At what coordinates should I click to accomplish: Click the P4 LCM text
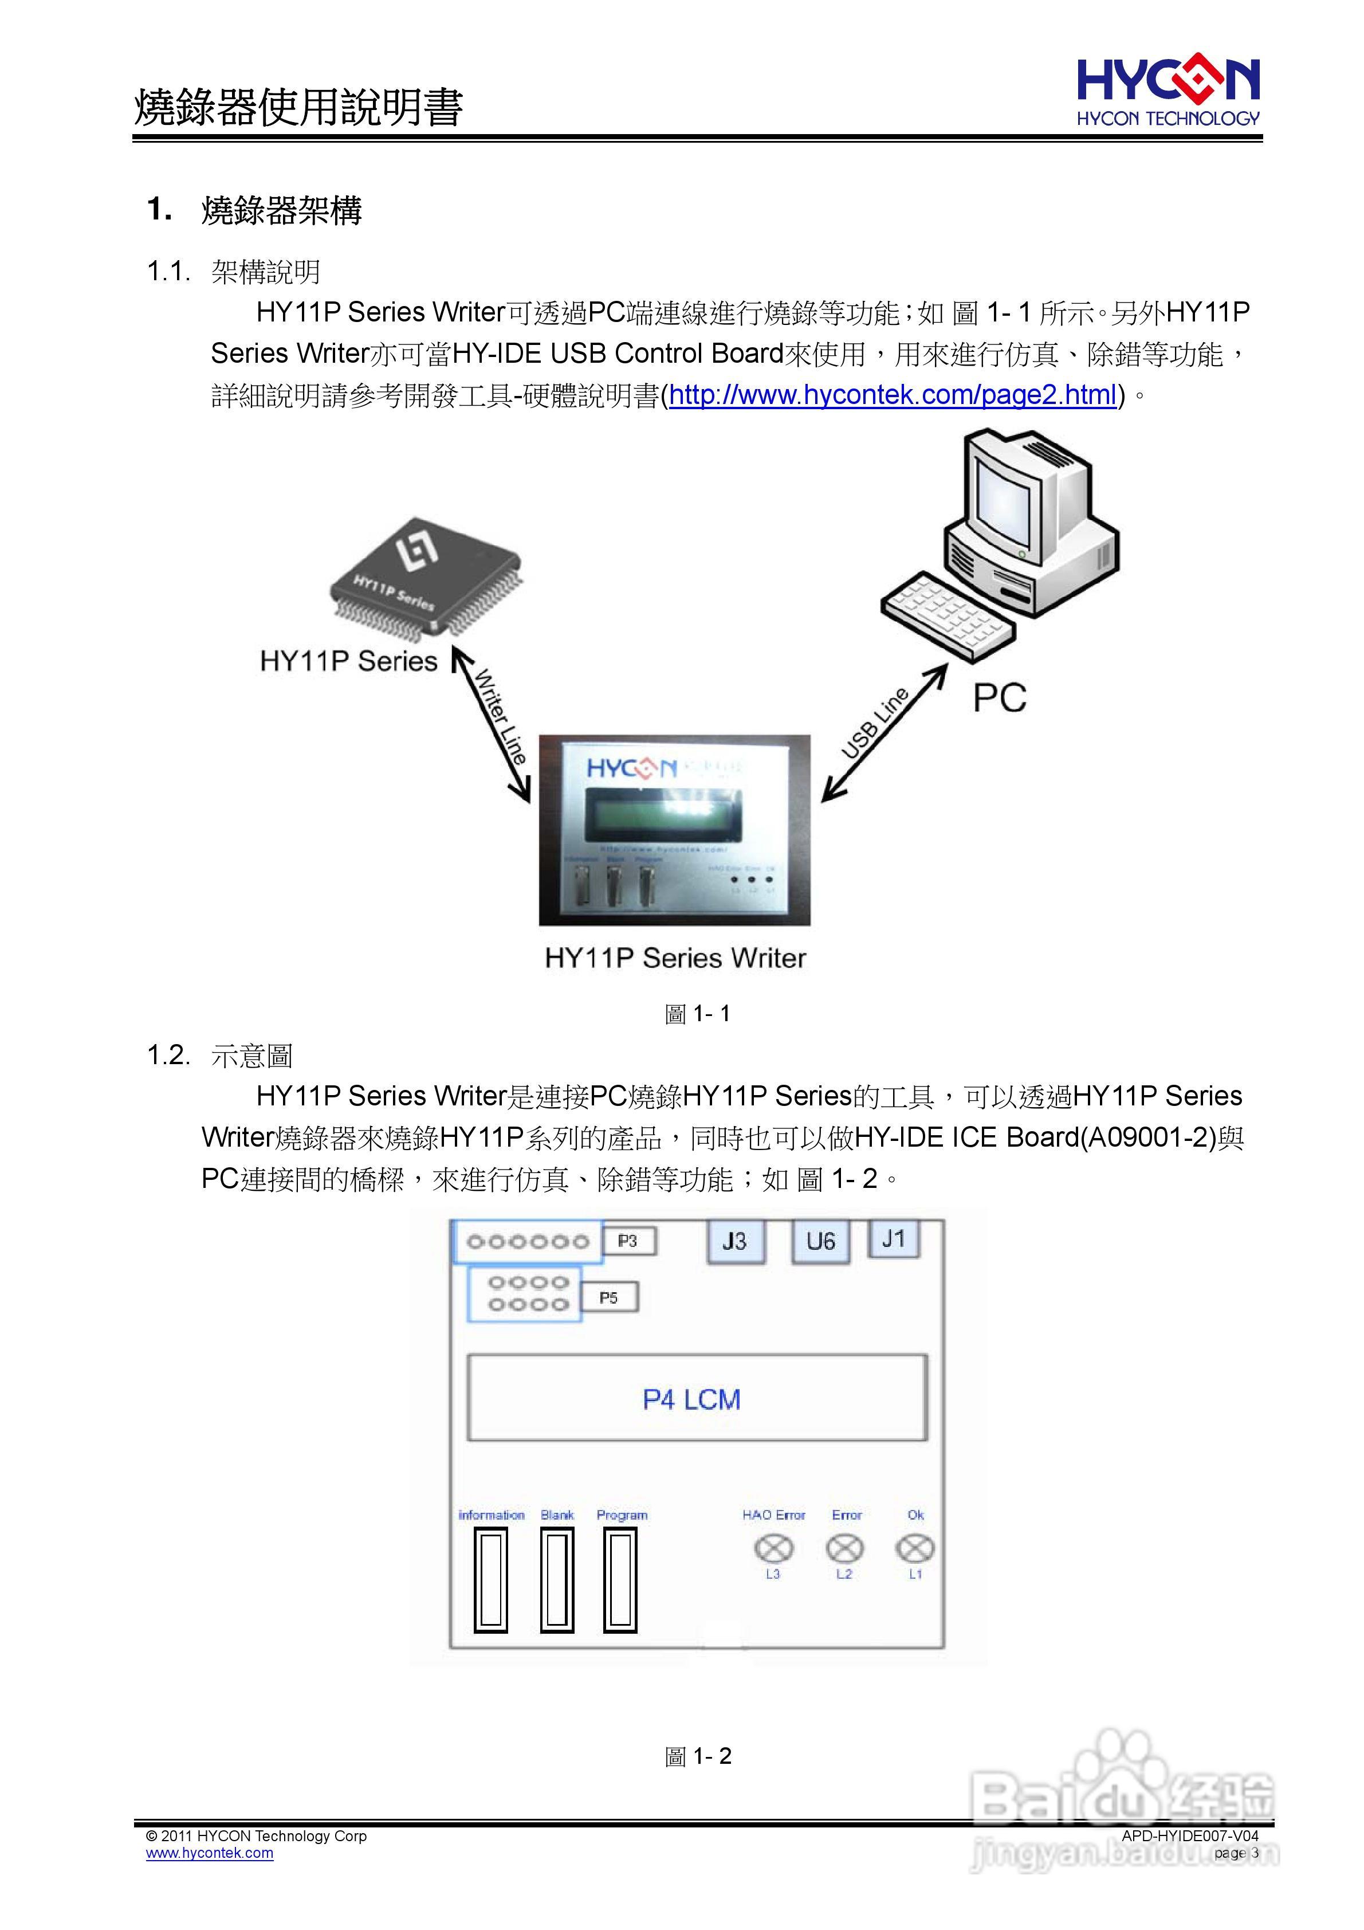pyautogui.click(x=691, y=1399)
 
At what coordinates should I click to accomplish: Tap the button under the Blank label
pyautogui.click(x=556, y=1580)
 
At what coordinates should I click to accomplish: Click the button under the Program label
pyautogui.click(x=620, y=1580)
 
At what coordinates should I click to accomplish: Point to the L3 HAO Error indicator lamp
pyautogui.click(x=774, y=1548)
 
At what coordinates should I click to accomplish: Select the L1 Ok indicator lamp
pyautogui.click(x=915, y=1548)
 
